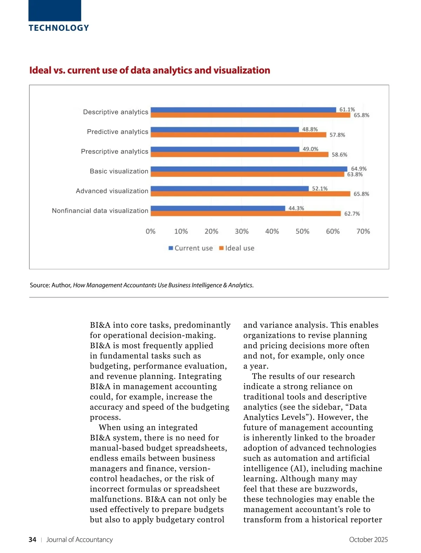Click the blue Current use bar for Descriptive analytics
pos(243,110)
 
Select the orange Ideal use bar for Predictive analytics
pos(239,135)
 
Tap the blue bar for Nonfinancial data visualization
pos(218,208)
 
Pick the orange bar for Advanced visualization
pos(250,194)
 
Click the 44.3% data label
pos(296,208)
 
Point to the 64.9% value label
pos(359,169)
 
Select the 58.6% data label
pos(340,154)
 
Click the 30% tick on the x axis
pos(242,231)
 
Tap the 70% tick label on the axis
pos(363,231)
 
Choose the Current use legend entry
pos(191,248)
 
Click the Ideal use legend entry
pos(237,248)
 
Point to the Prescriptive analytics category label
pos(115,151)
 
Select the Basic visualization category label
pos(119,171)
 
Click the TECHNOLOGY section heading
pos(59,28)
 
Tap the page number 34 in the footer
pos(32,540)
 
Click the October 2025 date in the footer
pos(368,540)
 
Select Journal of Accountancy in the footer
pos(80,540)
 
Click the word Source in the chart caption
pos(40,285)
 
